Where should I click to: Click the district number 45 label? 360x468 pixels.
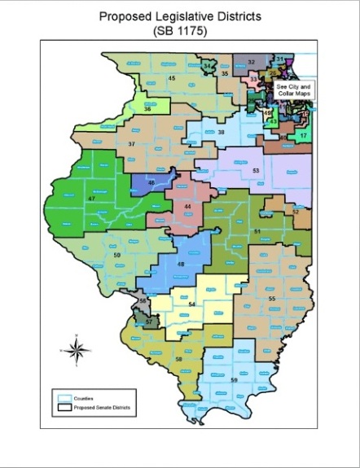[172, 78]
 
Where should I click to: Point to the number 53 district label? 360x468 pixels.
[256, 171]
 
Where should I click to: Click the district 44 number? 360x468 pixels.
[188, 207]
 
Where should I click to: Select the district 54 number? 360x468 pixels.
[192, 304]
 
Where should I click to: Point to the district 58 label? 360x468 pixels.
[178, 358]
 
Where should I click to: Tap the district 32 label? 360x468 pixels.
[251, 62]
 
